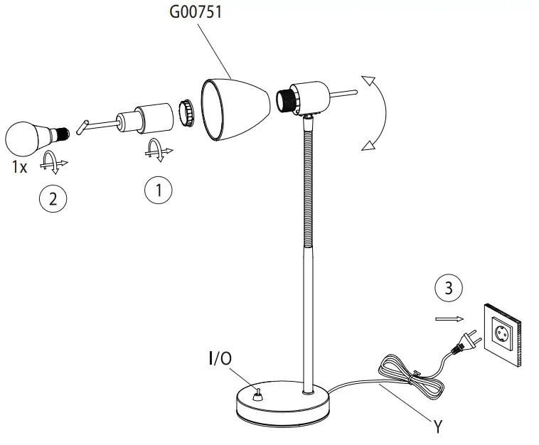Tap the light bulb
click(x=29, y=137)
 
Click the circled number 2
click(x=52, y=198)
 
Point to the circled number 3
click(x=447, y=289)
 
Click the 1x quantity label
click(x=20, y=168)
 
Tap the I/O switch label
click(x=220, y=359)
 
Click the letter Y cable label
click(x=439, y=428)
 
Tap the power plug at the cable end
click(x=463, y=345)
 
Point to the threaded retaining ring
click(x=186, y=112)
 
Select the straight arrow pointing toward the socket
click(x=448, y=319)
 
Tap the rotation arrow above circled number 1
click(x=156, y=150)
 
